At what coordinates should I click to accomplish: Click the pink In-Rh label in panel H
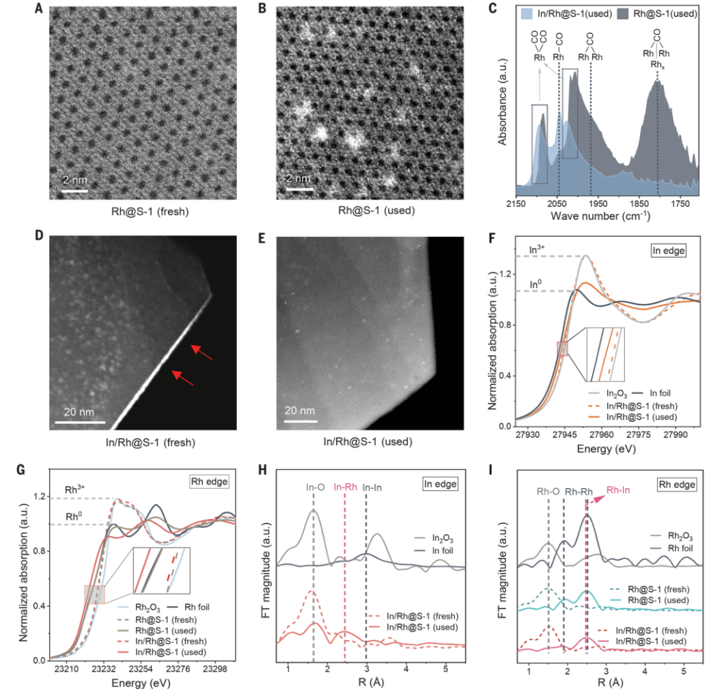346,487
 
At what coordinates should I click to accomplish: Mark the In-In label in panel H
372,487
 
